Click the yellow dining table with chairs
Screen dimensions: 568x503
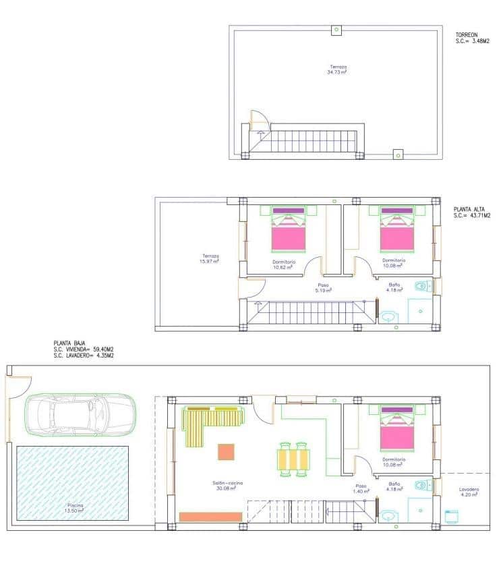(x=295, y=459)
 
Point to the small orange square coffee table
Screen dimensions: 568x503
(x=226, y=451)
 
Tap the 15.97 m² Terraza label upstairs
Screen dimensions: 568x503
(x=210, y=258)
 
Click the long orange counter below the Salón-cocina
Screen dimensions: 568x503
(x=210, y=516)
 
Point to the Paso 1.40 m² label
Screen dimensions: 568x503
(x=361, y=488)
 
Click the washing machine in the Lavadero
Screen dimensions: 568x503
(x=453, y=516)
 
